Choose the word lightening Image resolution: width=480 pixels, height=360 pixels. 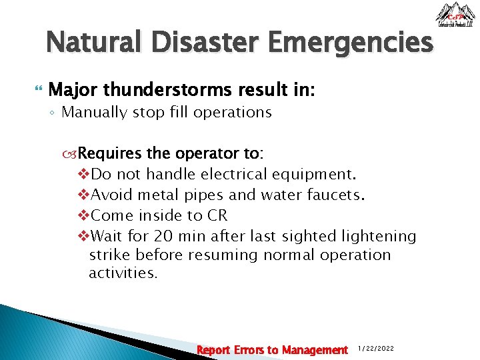click(x=379, y=237)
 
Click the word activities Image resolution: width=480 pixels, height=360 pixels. click(x=123, y=273)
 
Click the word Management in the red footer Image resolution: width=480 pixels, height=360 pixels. click(x=315, y=350)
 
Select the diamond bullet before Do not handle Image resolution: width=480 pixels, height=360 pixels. click(x=83, y=175)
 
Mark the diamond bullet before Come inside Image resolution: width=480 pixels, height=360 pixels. click(x=83, y=216)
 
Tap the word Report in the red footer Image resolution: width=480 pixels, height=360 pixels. click(x=214, y=350)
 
